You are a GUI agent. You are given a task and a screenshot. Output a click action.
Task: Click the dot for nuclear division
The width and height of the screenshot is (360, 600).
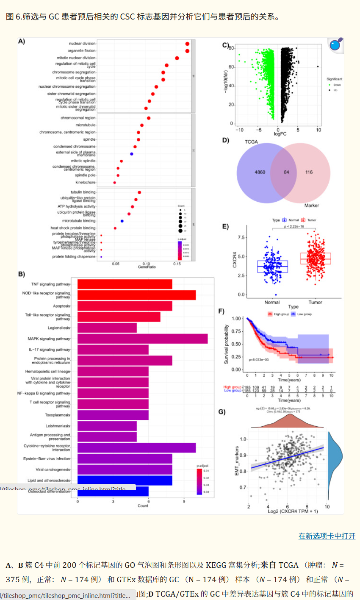[x=187, y=44]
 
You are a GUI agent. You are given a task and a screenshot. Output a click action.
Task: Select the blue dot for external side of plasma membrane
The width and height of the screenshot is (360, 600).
[x=132, y=153]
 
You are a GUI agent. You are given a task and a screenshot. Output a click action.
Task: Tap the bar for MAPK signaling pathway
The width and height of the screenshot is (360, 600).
[x=142, y=339]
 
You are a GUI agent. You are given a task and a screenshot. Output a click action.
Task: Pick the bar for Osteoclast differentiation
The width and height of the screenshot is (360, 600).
[x=113, y=491]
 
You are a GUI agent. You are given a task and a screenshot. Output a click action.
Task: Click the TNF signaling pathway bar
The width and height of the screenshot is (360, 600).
[x=125, y=284]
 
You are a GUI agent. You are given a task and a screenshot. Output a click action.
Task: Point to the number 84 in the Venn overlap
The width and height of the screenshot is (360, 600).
[x=287, y=172]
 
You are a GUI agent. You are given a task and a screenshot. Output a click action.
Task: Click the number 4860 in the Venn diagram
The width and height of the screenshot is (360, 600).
[x=260, y=172]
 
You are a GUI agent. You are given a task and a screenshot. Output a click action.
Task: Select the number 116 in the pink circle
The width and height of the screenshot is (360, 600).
[x=309, y=172]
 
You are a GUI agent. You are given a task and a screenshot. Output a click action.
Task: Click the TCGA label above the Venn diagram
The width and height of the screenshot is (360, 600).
[x=251, y=142]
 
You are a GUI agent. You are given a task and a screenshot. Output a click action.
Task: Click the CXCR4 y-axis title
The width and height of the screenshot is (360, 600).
[x=235, y=259]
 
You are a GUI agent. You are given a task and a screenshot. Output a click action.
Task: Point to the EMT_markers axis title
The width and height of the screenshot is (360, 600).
[x=237, y=460]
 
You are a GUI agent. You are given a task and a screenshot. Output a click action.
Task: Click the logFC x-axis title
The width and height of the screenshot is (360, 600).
[x=280, y=134]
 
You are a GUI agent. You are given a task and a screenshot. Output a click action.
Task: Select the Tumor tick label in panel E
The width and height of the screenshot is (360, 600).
[x=315, y=302]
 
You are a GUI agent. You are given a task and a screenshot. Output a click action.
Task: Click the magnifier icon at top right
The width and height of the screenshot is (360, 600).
[x=335, y=44]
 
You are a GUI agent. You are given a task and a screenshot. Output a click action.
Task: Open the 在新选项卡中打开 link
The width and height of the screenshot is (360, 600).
[x=327, y=536]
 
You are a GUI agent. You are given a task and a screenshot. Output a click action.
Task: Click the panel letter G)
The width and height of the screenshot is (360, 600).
[x=222, y=412]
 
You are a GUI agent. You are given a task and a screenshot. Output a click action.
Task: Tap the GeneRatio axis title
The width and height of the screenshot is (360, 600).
[x=147, y=267]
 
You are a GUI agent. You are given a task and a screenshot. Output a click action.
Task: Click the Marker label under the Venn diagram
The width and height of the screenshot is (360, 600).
[x=312, y=206]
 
